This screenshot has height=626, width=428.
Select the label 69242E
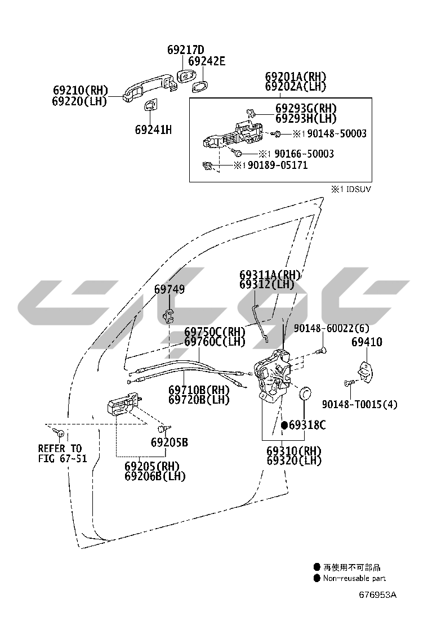206,61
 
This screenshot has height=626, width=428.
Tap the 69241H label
153,130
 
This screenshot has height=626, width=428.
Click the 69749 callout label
170,290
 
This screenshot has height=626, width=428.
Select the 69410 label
367,342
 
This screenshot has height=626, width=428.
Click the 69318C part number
307,425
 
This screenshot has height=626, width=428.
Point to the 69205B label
169,442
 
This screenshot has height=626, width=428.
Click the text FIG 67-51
63,458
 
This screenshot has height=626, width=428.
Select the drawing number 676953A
378,594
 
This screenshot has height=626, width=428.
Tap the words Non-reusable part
354,578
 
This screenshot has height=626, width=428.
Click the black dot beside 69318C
284,425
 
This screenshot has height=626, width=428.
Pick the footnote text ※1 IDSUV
351,189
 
